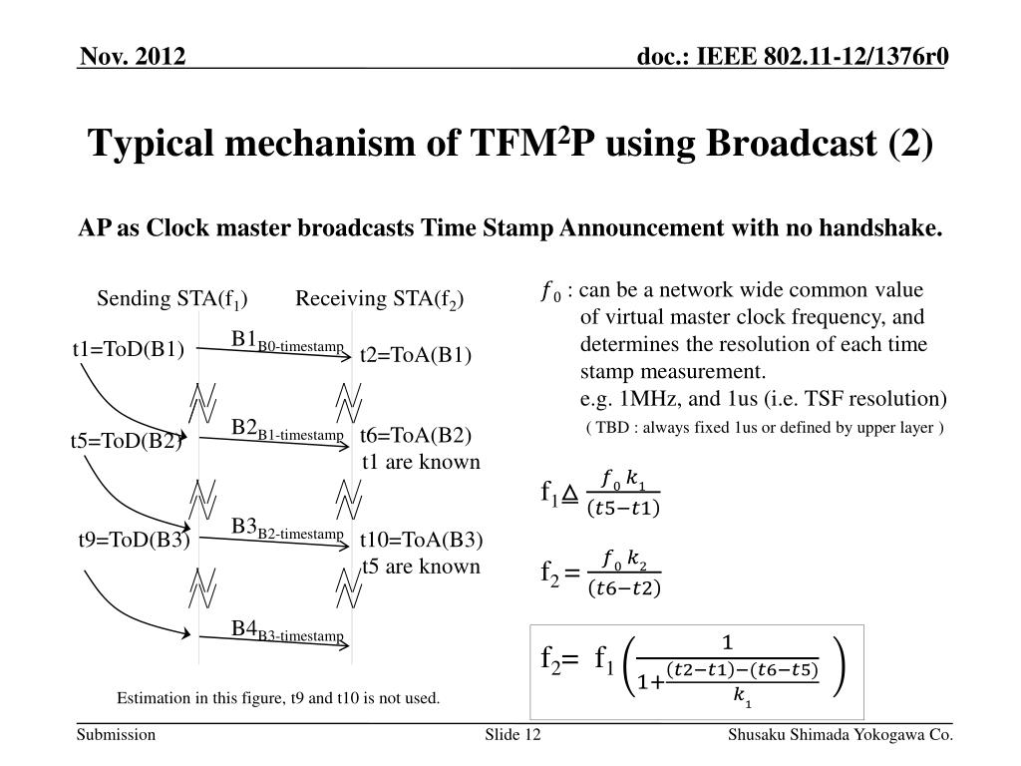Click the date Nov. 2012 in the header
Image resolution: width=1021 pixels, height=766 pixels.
tap(134, 57)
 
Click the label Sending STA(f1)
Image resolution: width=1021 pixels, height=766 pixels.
tap(172, 300)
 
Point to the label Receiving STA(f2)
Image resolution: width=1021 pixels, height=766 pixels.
tap(380, 300)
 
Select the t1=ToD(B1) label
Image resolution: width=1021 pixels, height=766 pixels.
tap(129, 349)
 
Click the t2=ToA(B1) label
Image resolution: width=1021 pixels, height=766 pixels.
tap(416, 356)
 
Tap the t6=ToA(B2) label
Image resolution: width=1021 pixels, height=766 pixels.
tap(416, 435)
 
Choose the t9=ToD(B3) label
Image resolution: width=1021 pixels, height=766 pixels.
tap(134, 541)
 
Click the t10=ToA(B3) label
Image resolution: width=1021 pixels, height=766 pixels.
tap(422, 541)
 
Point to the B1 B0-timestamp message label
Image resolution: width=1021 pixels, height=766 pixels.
tap(288, 341)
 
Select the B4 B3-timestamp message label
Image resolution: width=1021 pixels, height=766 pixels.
tap(288, 630)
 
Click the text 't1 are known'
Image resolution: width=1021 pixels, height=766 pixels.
tap(421, 462)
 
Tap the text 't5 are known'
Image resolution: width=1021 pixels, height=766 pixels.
tap(421, 567)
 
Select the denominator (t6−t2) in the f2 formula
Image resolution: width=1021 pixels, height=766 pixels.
tap(624, 587)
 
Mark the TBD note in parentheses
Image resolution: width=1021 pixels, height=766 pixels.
tap(764, 429)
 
